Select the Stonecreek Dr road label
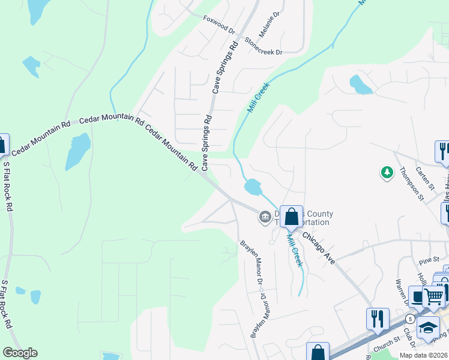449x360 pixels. (x=263, y=47)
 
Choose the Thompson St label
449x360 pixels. (x=412, y=182)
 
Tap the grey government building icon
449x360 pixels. (x=265, y=217)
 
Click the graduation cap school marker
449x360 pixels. (x=428, y=328)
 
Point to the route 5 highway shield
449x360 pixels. (x=409, y=318)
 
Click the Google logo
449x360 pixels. (x=20, y=353)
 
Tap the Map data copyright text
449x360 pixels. (x=424, y=355)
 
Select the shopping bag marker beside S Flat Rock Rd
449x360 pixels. (x=2, y=145)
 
